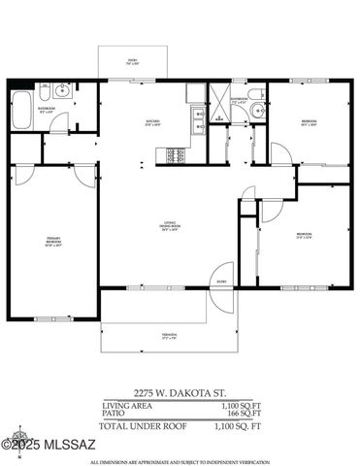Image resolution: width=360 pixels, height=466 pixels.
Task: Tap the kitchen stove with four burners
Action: pos(178,154)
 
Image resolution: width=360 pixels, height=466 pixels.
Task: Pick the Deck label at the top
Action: pos(133,63)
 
